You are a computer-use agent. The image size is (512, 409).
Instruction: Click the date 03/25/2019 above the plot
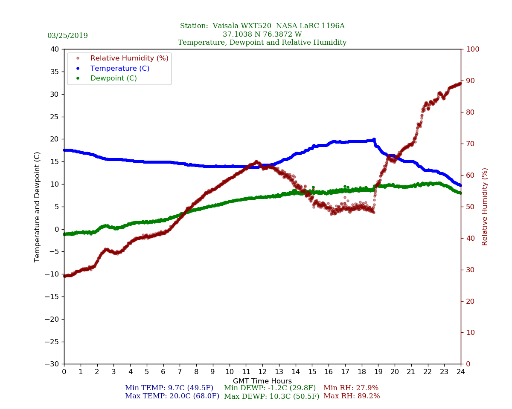(x=67, y=36)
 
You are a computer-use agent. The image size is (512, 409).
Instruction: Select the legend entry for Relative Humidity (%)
(x=129, y=58)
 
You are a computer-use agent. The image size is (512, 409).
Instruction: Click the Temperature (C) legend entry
(x=119, y=68)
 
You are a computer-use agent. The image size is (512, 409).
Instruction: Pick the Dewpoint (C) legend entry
(x=113, y=78)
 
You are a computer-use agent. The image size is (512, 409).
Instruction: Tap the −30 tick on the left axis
(x=54, y=364)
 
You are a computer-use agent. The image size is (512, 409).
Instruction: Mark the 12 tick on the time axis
(x=262, y=372)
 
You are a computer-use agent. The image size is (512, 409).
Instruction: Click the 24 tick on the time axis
(x=461, y=372)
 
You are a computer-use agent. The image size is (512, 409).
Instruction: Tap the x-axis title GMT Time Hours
(x=262, y=381)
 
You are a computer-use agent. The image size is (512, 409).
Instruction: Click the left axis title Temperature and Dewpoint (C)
(x=38, y=207)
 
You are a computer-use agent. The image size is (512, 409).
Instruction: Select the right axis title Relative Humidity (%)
(x=485, y=207)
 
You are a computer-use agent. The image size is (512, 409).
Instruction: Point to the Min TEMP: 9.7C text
(x=169, y=388)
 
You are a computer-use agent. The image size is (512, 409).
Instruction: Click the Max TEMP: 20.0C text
(x=172, y=396)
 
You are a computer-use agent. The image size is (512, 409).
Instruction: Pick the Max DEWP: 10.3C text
(x=271, y=396)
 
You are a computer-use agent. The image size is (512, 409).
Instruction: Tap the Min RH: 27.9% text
(x=351, y=388)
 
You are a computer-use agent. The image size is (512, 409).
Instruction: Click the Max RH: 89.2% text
(x=352, y=396)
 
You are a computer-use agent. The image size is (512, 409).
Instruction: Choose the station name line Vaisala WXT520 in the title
(x=262, y=26)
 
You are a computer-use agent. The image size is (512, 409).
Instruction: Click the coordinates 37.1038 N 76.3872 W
(x=262, y=35)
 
